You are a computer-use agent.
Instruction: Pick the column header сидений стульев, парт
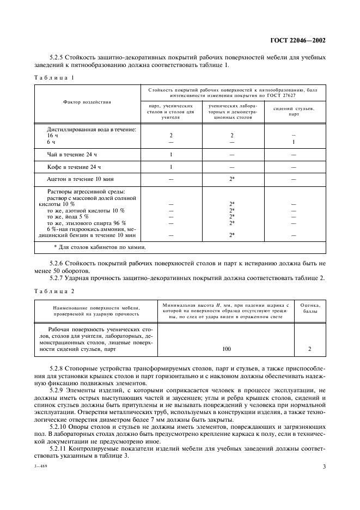294,111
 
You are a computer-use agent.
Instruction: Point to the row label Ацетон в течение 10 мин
81,179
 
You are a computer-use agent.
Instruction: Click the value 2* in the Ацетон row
232,179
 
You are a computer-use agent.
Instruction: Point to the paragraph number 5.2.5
57,56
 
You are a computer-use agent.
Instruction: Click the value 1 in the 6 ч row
294,142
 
